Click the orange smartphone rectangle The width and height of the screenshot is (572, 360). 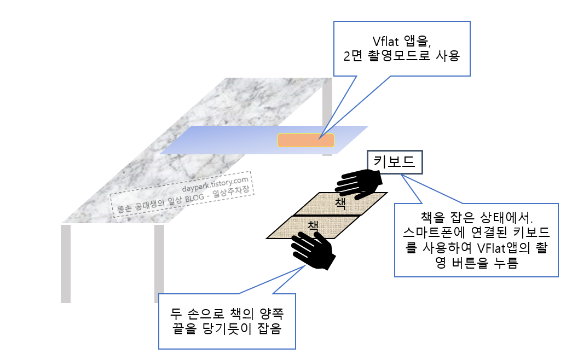point(305,141)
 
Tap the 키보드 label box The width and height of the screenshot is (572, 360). point(394,162)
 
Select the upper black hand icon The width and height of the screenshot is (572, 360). point(360,183)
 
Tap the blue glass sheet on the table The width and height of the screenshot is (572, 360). point(230,140)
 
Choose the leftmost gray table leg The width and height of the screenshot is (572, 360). point(66,263)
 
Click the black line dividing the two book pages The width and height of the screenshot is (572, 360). point(327,216)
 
